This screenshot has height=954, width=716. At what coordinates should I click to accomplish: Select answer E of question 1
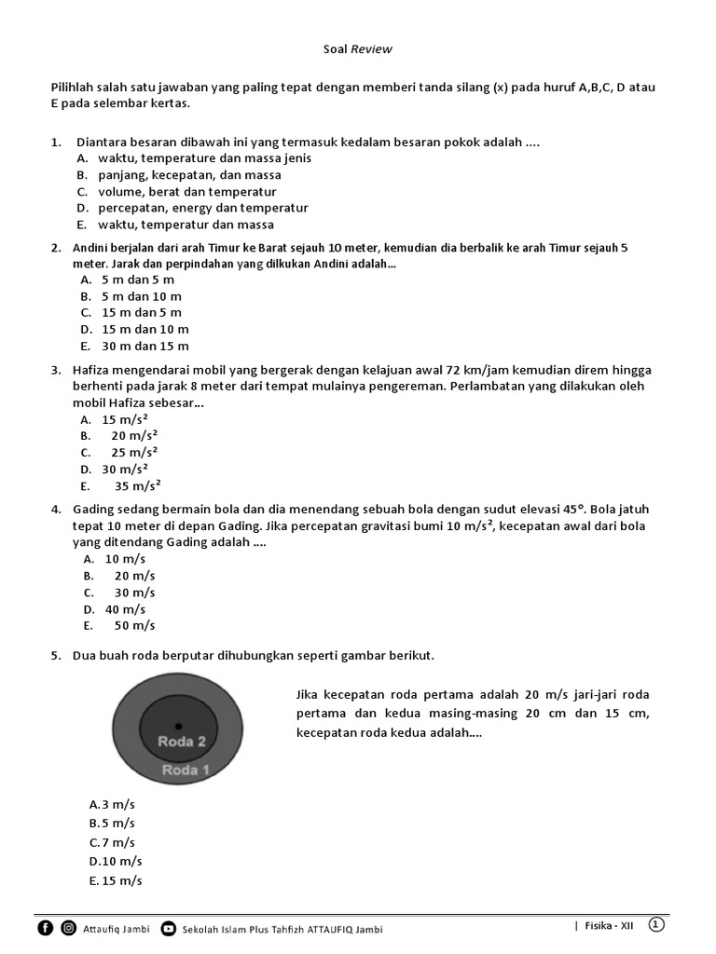pyautogui.click(x=175, y=225)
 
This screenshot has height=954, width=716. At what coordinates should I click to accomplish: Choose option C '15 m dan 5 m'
pyautogui.click(x=141, y=313)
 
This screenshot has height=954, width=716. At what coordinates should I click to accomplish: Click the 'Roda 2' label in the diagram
pyautogui.click(x=182, y=742)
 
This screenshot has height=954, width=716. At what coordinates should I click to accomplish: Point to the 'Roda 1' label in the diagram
pyautogui.click(x=186, y=770)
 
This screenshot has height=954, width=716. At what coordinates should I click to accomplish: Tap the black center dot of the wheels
pyautogui.click(x=178, y=725)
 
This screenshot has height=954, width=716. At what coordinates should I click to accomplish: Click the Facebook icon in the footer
pyautogui.click(x=46, y=928)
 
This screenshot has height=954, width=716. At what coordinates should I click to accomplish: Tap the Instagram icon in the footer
pyautogui.click(x=69, y=928)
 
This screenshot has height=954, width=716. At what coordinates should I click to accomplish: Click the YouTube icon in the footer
pyautogui.click(x=168, y=928)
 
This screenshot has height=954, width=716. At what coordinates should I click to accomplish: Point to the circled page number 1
pyautogui.click(x=656, y=924)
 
